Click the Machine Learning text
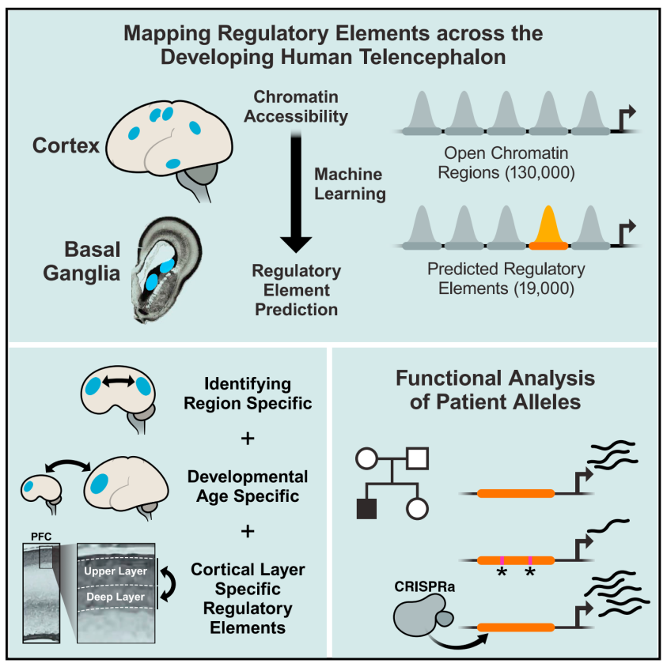pyautogui.click(x=348, y=183)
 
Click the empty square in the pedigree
pyautogui.click(x=417, y=456)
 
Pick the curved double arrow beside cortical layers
pyautogui.click(x=174, y=584)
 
